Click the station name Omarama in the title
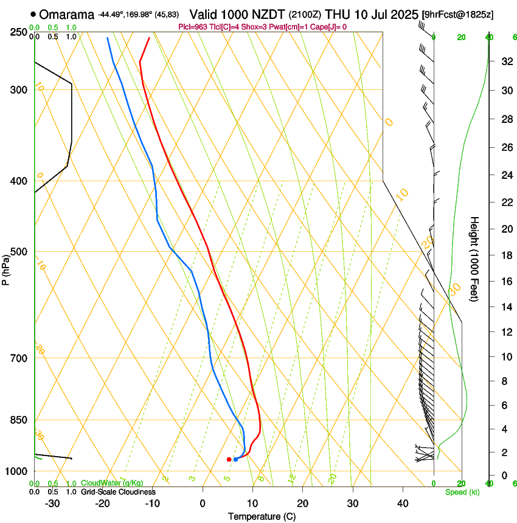tap(67, 14)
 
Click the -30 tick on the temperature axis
tap(52, 503)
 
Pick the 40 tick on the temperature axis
tap(402, 503)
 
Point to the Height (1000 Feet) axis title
tap(475, 258)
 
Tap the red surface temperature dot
tap(229, 459)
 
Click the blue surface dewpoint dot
tap(235, 459)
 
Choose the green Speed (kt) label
tap(462, 492)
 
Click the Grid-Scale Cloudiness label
tap(118, 492)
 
